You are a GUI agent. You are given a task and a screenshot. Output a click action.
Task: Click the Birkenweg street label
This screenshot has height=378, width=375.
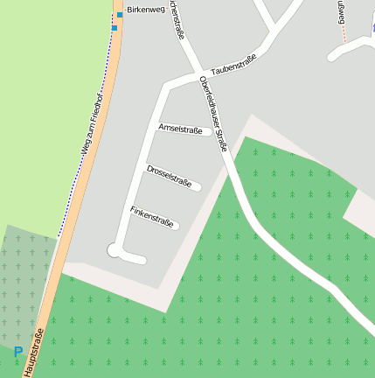click(145, 10)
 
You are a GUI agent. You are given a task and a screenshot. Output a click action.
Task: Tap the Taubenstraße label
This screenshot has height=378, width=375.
click(233, 64)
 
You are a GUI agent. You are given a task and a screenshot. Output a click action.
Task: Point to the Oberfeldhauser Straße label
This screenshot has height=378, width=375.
click(213, 114)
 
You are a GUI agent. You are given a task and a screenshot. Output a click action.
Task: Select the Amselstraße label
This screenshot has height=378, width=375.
click(180, 129)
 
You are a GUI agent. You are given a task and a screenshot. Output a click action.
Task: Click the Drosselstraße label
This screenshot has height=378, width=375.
click(169, 175)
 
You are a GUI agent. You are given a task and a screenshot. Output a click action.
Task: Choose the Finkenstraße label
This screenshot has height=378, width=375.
click(153, 217)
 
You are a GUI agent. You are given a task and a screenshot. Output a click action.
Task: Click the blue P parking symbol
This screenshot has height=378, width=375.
click(18, 352)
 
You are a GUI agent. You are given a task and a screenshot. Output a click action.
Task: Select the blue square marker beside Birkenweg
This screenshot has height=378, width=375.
click(120, 15)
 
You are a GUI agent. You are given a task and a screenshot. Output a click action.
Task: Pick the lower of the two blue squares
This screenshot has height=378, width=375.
click(115, 28)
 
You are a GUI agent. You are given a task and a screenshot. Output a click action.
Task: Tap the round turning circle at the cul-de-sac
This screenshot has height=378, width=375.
click(114, 250)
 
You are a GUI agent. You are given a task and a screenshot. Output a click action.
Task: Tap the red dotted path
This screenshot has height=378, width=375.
click(344, 33)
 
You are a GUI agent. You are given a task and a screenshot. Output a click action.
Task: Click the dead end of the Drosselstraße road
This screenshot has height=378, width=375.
click(198, 185)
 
